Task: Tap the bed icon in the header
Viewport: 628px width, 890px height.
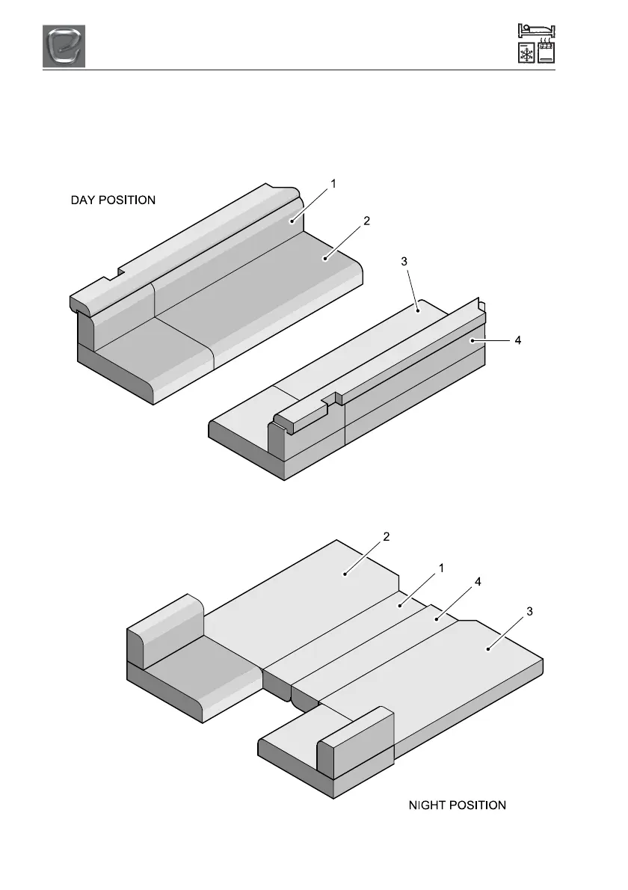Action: (535, 31)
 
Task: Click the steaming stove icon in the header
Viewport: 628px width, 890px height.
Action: (546, 55)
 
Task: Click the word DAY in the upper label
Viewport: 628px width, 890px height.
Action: (85, 200)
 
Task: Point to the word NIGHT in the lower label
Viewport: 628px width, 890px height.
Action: (428, 805)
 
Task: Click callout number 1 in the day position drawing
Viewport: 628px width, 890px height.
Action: (333, 182)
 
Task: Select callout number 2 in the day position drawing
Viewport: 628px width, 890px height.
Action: (366, 221)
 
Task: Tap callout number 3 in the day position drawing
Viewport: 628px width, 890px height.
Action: (404, 261)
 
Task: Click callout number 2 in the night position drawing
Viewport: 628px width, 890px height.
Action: (386, 536)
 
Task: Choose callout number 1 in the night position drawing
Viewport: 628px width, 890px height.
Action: (441, 568)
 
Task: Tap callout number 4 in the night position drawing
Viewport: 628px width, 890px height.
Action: (475, 581)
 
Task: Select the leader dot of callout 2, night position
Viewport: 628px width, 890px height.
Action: (345, 574)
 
